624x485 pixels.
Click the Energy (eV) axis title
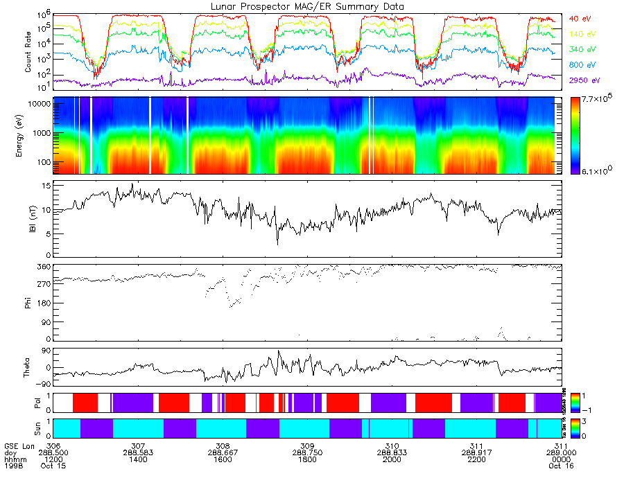(x=28, y=136)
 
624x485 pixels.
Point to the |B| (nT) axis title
(x=32, y=219)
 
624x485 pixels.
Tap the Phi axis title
(x=28, y=302)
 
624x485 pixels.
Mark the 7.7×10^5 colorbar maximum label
(x=595, y=101)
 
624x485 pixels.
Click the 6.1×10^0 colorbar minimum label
(x=595, y=170)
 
